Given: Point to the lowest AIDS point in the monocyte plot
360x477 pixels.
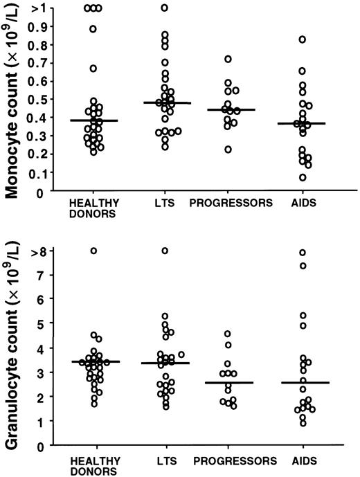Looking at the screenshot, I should pyautogui.click(x=283, y=177).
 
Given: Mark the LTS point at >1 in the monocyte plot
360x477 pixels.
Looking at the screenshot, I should pyautogui.click(x=165, y=8).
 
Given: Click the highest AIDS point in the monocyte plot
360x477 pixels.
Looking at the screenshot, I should pyautogui.click(x=283, y=39).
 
